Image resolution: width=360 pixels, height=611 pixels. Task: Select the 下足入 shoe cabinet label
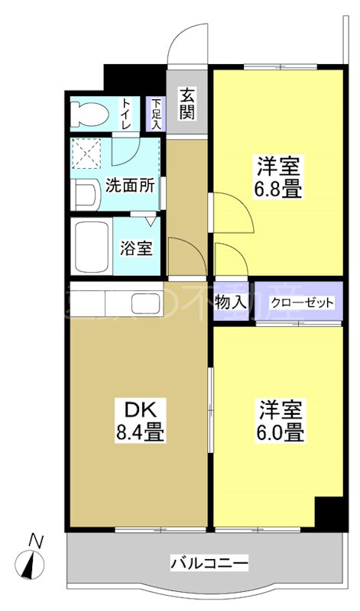(156, 114)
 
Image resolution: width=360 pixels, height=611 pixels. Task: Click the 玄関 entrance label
(187, 103)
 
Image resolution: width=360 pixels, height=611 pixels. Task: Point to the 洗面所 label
(131, 185)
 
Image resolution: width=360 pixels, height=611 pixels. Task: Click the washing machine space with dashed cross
(86, 154)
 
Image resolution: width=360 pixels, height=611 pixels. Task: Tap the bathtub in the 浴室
(91, 246)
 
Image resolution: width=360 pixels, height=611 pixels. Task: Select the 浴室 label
(137, 247)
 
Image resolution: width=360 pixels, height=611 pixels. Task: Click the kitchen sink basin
(144, 303)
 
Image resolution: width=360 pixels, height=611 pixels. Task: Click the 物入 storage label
(231, 302)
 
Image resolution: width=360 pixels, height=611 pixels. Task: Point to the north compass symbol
(34, 566)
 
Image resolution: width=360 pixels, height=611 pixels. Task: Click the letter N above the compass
(34, 540)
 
